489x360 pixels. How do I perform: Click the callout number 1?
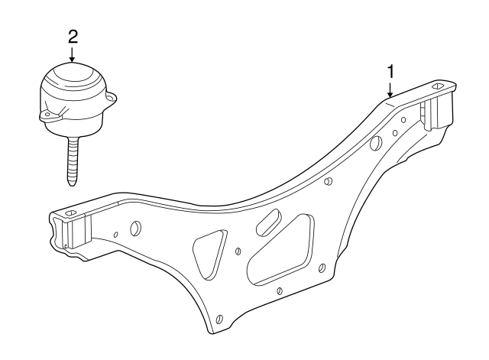tap(390, 71)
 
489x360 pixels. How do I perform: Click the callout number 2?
tap(72, 35)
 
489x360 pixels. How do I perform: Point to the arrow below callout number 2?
tap(72, 54)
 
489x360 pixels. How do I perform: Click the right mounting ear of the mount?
tap(112, 98)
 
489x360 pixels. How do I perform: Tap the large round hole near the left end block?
tap(136, 228)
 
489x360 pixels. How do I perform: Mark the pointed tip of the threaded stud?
tap(70, 182)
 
